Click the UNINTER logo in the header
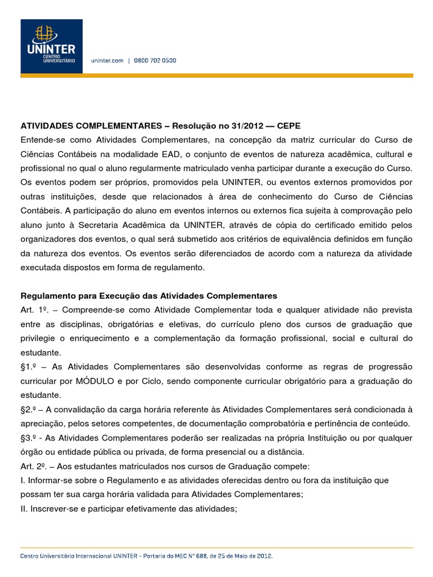click(51, 46)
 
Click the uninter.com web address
click(108, 60)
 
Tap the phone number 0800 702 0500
click(155, 60)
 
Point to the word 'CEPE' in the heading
click(289, 125)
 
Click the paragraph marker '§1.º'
click(30, 367)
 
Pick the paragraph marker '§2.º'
click(30, 409)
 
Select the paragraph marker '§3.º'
click(30, 438)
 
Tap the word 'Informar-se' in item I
click(51, 480)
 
